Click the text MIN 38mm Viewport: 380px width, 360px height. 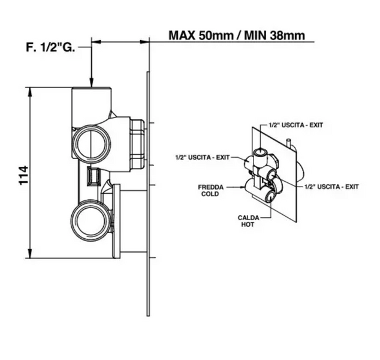(275, 35)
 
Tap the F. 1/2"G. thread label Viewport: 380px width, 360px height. (50, 47)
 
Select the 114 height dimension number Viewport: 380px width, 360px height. (23, 175)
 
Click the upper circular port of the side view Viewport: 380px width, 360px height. (92, 143)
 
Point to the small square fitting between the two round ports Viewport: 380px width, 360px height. (94, 176)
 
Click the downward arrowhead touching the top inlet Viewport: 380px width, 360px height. (91, 82)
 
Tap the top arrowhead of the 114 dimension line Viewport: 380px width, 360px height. (30, 92)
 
